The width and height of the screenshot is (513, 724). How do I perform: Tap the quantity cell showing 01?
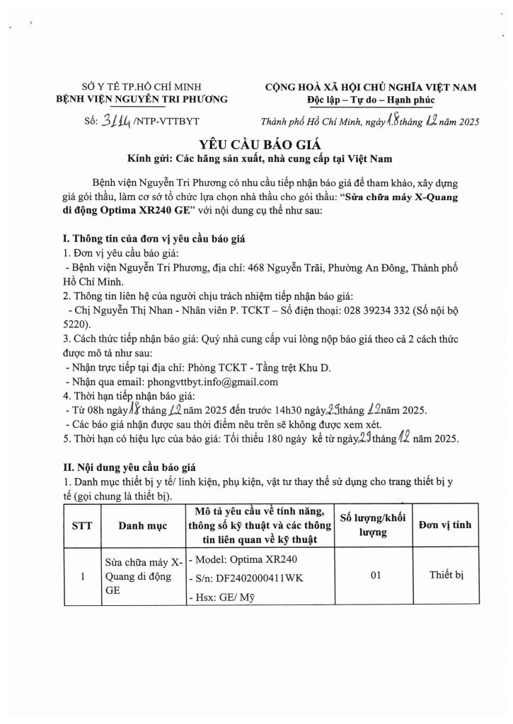point(376,576)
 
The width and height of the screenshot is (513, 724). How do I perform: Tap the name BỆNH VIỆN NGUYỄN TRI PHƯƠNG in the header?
point(142,100)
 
